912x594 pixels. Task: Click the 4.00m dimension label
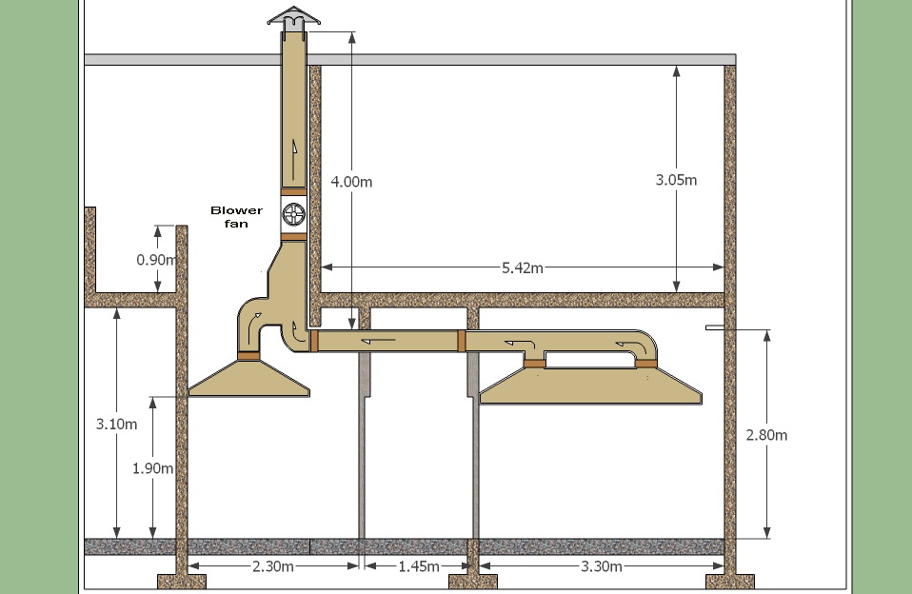[x=352, y=180]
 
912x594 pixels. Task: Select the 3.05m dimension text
[x=676, y=180]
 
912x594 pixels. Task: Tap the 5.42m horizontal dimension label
[x=523, y=268]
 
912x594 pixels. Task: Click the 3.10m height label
[x=116, y=424]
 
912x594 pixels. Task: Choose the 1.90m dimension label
[x=152, y=467]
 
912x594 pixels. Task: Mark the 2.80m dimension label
[x=766, y=435]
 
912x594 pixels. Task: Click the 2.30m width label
[x=272, y=566]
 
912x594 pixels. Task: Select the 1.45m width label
[x=418, y=566]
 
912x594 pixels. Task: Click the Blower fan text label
[x=229, y=216]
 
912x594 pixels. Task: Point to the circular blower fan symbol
[x=293, y=213]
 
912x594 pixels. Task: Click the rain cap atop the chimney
[x=292, y=17]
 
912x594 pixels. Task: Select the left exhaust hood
[x=249, y=378]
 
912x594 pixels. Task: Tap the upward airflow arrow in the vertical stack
[x=296, y=147]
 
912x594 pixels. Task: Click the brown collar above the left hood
[x=249, y=356]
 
